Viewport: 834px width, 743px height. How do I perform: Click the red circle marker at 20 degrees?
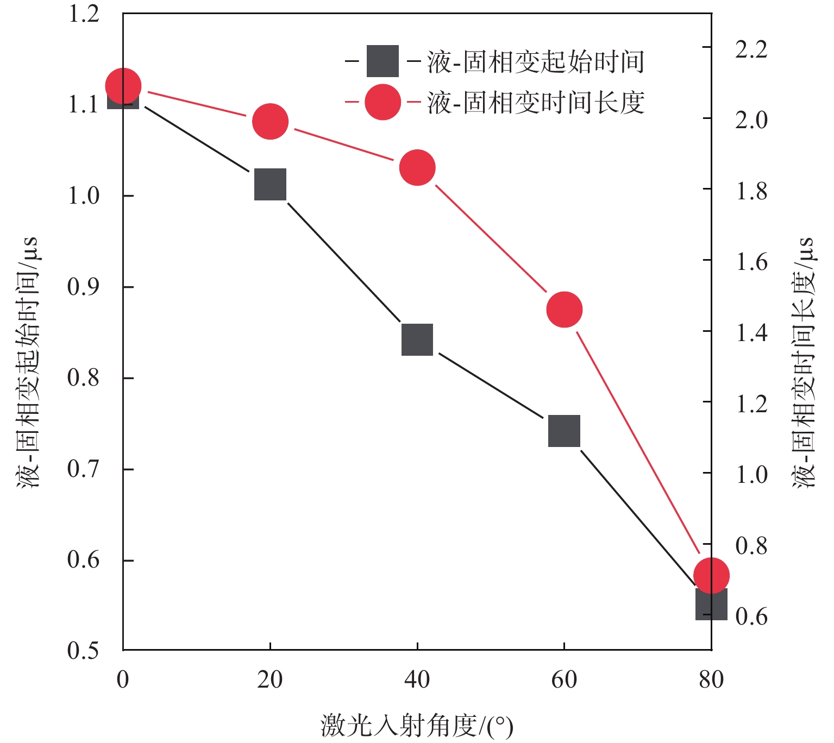(270, 121)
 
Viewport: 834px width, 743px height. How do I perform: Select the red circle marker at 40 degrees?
(417, 167)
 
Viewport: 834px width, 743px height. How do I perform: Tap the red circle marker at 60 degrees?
(565, 310)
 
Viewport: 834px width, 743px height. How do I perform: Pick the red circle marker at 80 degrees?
(711, 575)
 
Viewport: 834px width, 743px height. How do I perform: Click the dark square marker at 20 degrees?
(270, 184)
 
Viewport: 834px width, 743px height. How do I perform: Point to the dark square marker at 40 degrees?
(417, 340)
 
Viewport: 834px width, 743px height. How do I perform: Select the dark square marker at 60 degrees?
(565, 431)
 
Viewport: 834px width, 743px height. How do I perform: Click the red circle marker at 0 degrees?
(123, 86)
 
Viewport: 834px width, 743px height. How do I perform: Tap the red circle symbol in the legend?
(383, 102)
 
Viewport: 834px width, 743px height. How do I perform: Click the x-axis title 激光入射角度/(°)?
(417, 726)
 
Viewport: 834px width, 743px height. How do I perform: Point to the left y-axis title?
(28, 363)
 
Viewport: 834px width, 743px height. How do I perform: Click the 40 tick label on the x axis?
(417, 679)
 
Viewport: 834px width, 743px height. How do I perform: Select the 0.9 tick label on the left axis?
(84, 286)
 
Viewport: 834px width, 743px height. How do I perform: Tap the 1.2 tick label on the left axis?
(84, 14)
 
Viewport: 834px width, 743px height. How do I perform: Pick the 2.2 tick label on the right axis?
(751, 48)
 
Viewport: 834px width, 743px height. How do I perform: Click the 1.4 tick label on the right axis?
(751, 332)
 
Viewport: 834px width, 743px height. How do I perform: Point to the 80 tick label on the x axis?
(711, 679)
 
